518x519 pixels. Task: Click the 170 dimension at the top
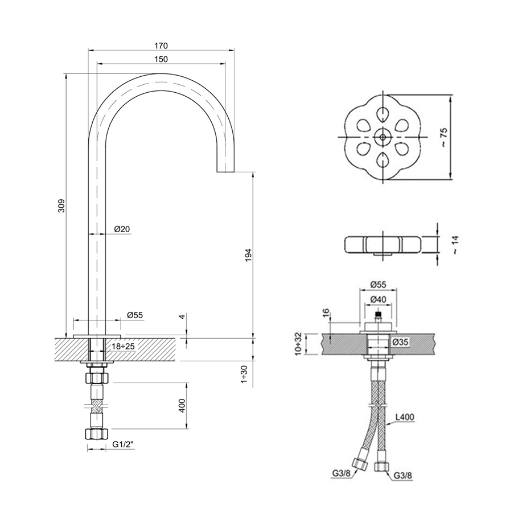pyautogui.click(x=161, y=46)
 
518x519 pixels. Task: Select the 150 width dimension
pyautogui.click(x=161, y=59)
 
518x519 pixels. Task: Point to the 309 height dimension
pyautogui.click(x=61, y=205)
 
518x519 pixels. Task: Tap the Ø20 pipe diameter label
pyautogui.click(x=122, y=229)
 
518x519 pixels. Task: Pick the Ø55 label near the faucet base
pyautogui.click(x=135, y=315)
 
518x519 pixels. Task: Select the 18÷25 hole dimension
pyautogui.click(x=123, y=347)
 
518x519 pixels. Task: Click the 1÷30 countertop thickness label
pyautogui.click(x=244, y=374)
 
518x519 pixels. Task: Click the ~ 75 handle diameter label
pyautogui.click(x=443, y=137)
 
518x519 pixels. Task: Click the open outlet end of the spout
pyautogui.click(x=226, y=171)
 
